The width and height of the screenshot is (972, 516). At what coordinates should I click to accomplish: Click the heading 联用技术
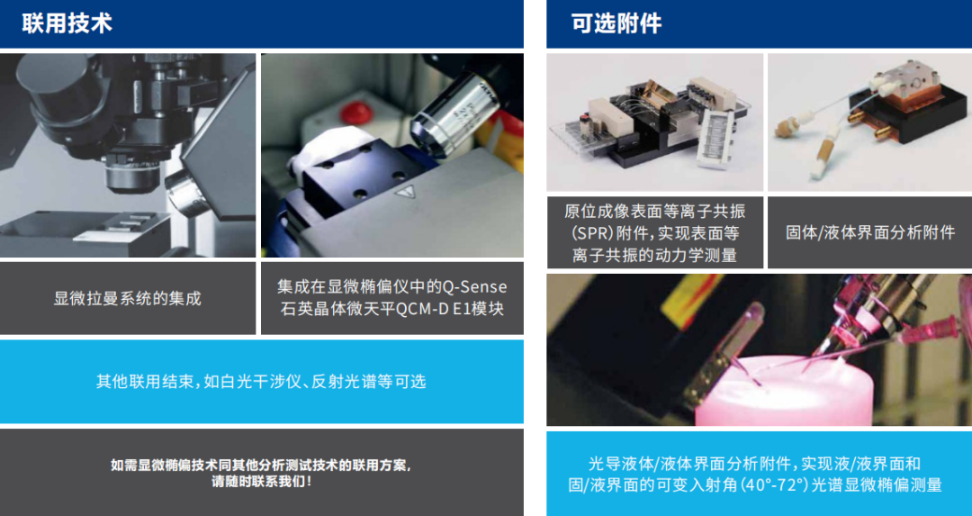[67, 23]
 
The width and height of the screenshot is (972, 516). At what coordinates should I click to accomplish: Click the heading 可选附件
[616, 23]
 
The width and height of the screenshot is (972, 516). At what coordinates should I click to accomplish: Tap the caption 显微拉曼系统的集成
[128, 298]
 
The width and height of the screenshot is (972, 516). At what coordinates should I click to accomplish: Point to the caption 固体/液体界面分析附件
[870, 232]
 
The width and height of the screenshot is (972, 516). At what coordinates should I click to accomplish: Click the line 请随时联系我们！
[261, 482]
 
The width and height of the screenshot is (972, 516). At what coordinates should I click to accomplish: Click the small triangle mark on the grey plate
[412, 192]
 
